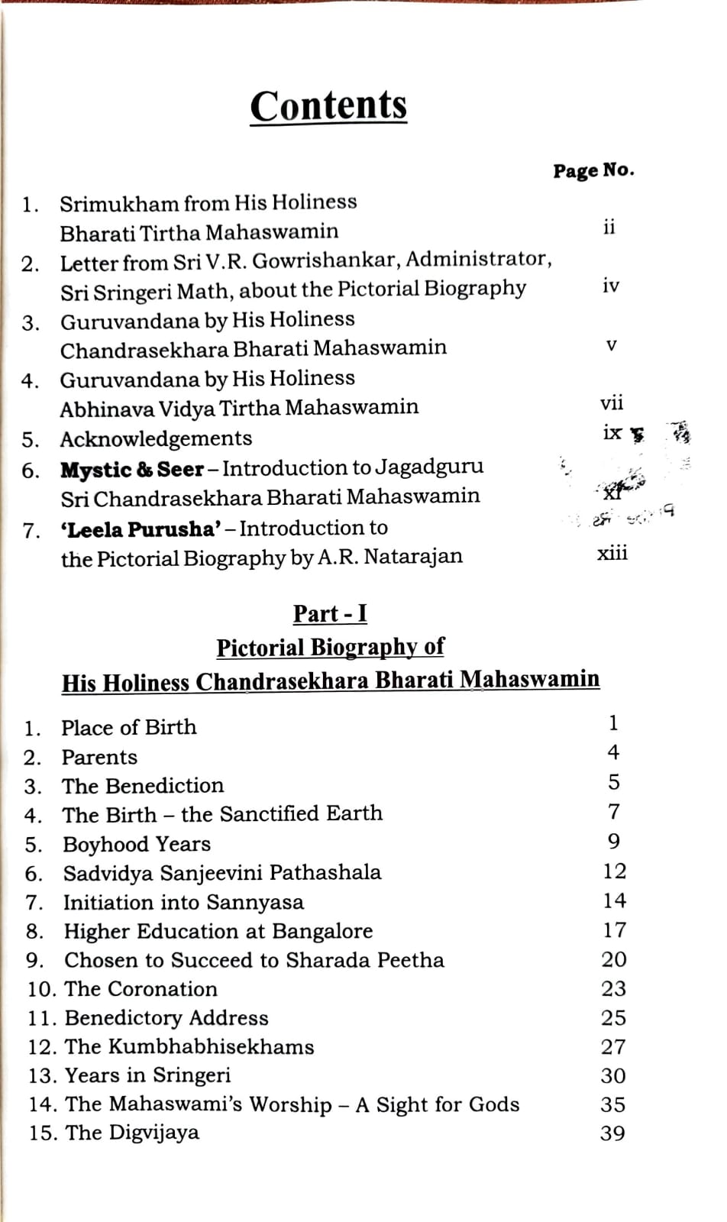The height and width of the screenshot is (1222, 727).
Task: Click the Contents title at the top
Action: pos(328,105)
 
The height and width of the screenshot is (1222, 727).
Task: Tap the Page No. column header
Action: pos(593,170)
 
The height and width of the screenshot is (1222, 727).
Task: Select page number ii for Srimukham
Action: pos(608,227)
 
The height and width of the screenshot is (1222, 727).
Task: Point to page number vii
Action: pos(611,402)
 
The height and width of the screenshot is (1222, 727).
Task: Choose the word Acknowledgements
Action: pos(156,438)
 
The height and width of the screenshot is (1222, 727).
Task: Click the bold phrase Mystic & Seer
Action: pos(132,469)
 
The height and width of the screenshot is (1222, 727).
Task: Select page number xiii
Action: pos(612,552)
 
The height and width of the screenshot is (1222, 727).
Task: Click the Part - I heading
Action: pos(330,613)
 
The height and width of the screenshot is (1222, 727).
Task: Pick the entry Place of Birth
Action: pos(128,727)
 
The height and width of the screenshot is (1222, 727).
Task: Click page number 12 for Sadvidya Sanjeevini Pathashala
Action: pos(613,871)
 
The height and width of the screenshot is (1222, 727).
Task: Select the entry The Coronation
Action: pos(141,988)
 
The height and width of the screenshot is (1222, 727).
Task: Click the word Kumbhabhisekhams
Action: pos(210,1046)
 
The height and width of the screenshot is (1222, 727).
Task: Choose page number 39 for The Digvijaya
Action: pos(612,1133)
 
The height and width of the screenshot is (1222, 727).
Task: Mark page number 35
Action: pos(612,1104)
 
